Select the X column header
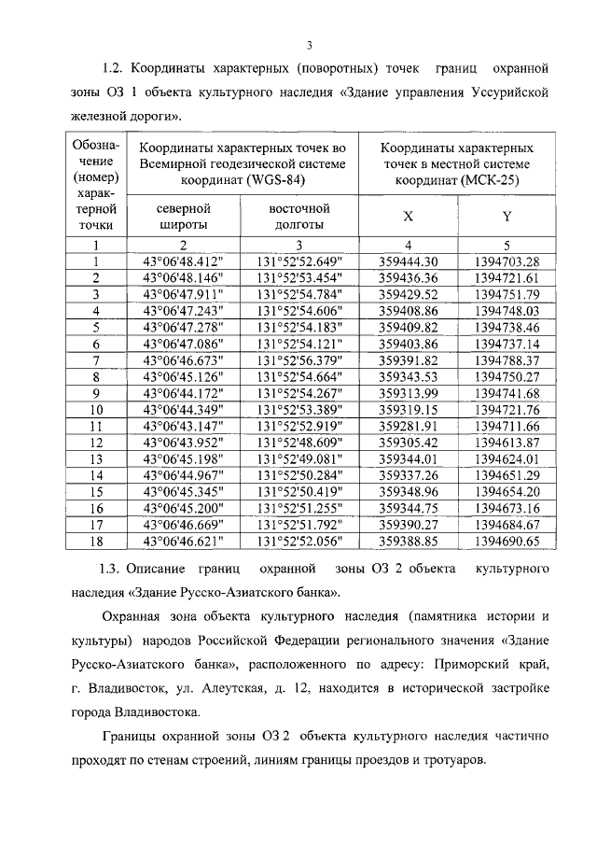407,217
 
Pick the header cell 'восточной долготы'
299,216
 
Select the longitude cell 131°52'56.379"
299,359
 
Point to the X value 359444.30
409,261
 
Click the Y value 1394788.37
507,359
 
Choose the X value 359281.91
409,426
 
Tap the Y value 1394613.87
507,443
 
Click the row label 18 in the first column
95,541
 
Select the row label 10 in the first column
95,410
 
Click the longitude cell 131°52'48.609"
299,443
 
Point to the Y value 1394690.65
507,541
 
